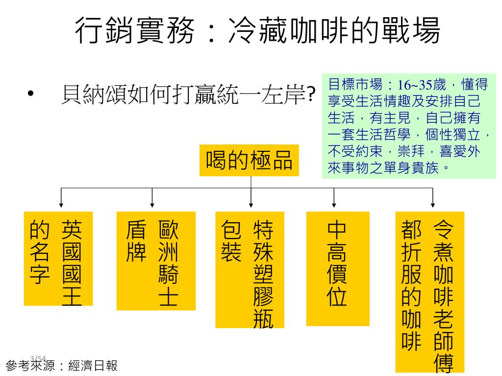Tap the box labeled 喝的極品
(250, 160)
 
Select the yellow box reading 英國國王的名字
(58, 258)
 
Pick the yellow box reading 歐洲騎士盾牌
(156, 260)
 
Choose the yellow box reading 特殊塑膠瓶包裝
(250, 269)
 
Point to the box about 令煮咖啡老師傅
(429, 292)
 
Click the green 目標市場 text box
(408, 126)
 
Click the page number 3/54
(38, 358)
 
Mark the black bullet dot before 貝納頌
(31, 94)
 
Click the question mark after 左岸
(310, 95)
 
